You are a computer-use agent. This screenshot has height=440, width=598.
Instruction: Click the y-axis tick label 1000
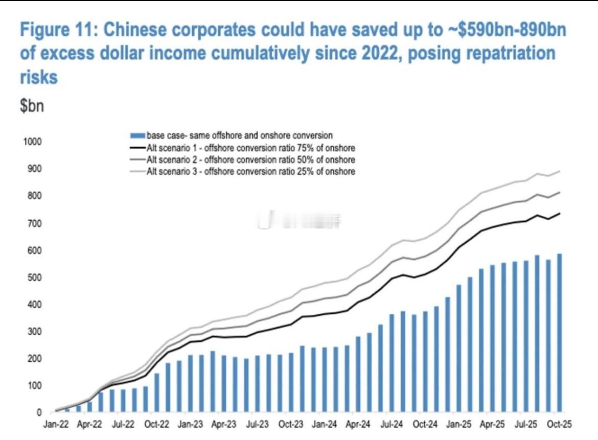pyautogui.click(x=29, y=142)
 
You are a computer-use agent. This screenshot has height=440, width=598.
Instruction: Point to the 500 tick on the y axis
pyautogui.click(x=31, y=277)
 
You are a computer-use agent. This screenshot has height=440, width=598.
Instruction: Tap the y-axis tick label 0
pyautogui.click(x=38, y=412)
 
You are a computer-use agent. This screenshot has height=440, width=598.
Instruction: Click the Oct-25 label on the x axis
pyautogui.click(x=559, y=425)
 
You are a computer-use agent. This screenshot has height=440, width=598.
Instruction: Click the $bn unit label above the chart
pyautogui.click(x=32, y=108)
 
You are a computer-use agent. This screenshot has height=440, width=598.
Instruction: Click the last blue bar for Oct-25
pyautogui.click(x=560, y=332)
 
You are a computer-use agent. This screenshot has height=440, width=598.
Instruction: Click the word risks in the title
pyautogui.click(x=38, y=77)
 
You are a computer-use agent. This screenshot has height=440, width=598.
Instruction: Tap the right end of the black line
pyautogui.click(x=560, y=213)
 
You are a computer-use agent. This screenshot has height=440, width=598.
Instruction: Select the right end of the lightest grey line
pyautogui.click(x=560, y=171)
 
